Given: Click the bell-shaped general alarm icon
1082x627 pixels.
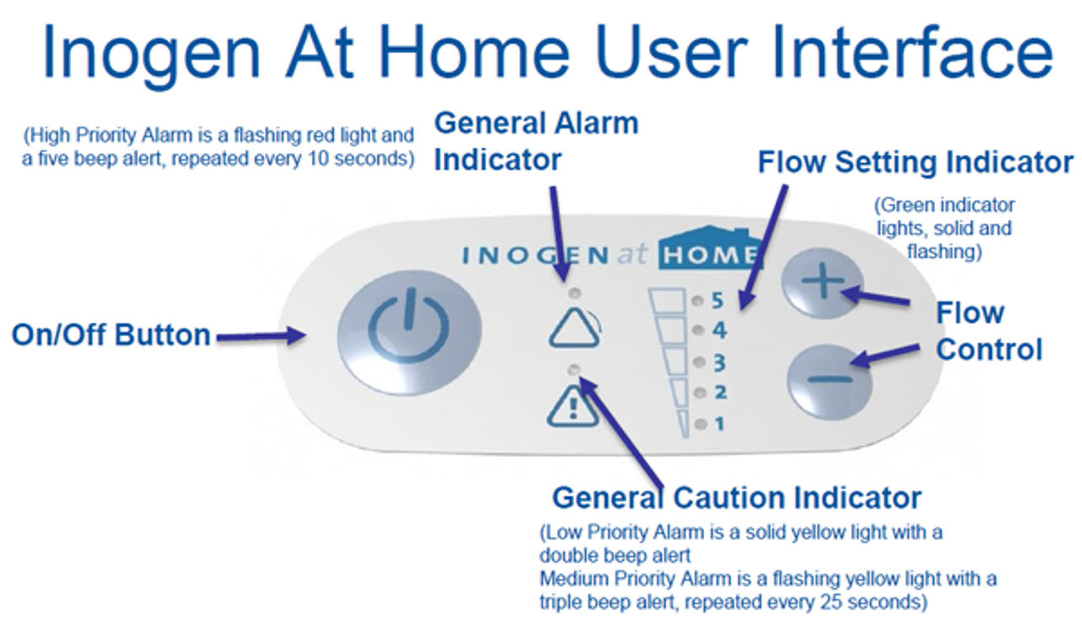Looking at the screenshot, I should point(574,328).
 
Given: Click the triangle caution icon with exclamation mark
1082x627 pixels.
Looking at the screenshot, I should point(573,407).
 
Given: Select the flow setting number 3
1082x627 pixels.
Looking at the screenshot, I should point(719,363).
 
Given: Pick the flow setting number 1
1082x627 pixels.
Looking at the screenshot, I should point(719,424).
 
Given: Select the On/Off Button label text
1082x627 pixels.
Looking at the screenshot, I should point(111,335).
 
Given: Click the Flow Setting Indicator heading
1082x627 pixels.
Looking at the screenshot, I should point(915,162).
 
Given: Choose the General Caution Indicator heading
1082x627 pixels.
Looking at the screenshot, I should point(736,497).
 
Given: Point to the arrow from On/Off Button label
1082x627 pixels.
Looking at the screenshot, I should point(260,337).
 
